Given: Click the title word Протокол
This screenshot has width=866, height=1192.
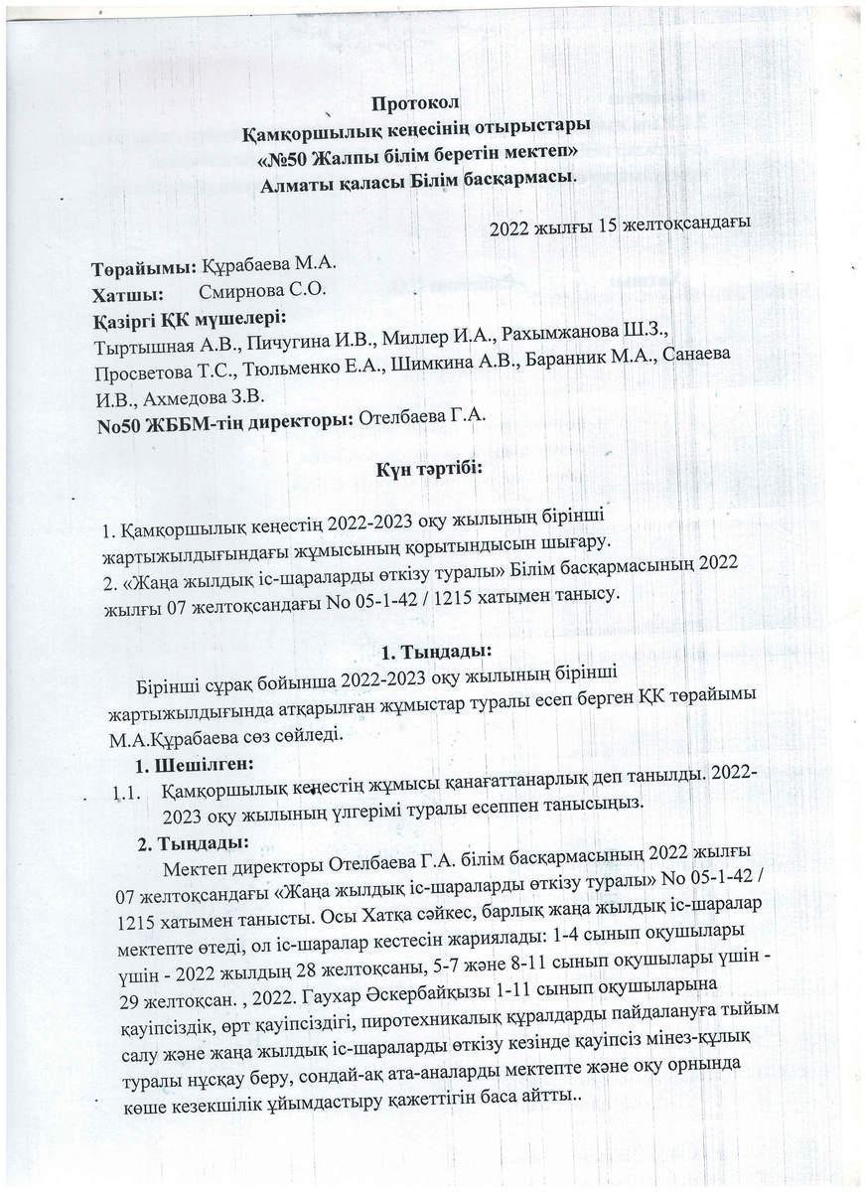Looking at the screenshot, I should click(417, 104).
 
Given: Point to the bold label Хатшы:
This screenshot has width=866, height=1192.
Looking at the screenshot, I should click(127, 294).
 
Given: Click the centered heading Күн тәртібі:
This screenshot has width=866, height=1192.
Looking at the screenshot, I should click(427, 468).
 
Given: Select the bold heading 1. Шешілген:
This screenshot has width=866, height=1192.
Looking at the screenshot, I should click(195, 765).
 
